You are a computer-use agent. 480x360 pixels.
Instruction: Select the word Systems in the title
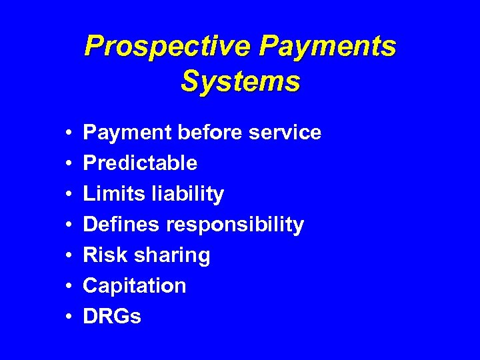pos(240,81)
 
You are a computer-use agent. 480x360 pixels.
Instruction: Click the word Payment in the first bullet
pos(127,133)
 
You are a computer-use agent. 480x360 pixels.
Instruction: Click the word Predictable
pos(140,163)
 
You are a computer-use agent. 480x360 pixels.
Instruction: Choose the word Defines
pos(121,225)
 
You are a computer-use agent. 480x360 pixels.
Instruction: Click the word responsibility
pos(235,225)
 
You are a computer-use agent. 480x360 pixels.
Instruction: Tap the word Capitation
pos(134,286)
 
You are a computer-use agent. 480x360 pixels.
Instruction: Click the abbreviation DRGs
pos(111,317)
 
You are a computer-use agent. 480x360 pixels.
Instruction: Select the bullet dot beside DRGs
pos(69,317)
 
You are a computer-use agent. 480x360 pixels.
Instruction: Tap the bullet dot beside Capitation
pos(69,287)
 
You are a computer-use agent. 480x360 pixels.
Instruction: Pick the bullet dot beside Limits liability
pos(69,195)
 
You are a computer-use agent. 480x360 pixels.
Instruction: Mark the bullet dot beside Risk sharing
pos(69,256)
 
